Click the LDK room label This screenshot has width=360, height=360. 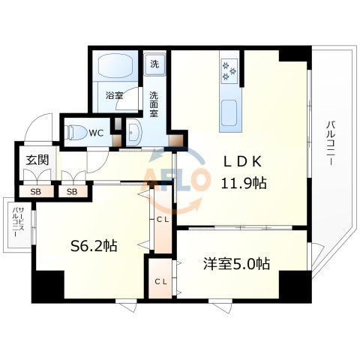click(242, 161)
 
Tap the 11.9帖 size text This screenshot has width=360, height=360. click(243, 183)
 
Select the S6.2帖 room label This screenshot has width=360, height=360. click(94, 246)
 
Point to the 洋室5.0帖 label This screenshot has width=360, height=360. click(236, 264)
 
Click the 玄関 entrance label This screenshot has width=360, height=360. click(37, 160)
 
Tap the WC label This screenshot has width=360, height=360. click(96, 133)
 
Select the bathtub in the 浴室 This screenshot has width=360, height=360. click(115, 64)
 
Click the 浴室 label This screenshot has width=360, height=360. click(114, 95)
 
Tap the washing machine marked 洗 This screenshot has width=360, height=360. click(154, 64)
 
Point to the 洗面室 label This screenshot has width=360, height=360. click(154, 104)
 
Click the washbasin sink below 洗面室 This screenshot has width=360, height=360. click(134, 133)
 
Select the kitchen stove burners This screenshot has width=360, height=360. click(229, 71)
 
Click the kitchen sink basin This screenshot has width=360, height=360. click(229, 112)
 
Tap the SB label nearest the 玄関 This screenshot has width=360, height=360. click(36, 192)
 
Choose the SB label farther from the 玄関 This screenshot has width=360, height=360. click(72, 192)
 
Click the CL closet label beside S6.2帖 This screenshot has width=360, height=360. click(163, 220)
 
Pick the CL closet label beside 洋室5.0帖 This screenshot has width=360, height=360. click(160, 282)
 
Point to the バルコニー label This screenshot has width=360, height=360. click(331, 143)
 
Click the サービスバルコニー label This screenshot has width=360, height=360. click(18, 221)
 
